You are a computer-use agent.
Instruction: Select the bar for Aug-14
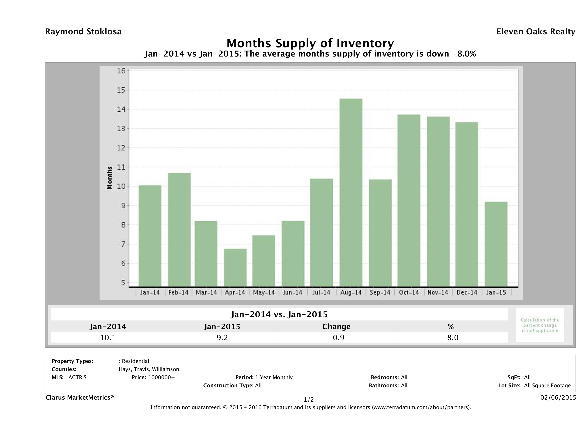[x=351, y=192]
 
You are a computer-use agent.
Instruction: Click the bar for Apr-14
[x=235, y=268]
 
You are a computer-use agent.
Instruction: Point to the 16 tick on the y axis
[x=121, y=71]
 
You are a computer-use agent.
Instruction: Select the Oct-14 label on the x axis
[x=409, y=292]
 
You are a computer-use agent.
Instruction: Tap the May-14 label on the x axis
[x=264, y=292]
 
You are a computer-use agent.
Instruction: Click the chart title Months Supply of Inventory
[x=310, y=43]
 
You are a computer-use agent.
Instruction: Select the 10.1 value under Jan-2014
[x=108, y=337]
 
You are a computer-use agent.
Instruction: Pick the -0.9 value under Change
[x=336, y=337]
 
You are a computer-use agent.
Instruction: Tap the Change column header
[x=336, y=327]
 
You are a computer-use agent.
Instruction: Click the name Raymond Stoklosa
[x=83, y=32]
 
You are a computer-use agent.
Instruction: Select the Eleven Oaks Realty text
[x=535, y=32]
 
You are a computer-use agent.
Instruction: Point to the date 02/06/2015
[x=558, y=397]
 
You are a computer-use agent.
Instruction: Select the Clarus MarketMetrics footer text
[x=80, y=397]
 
